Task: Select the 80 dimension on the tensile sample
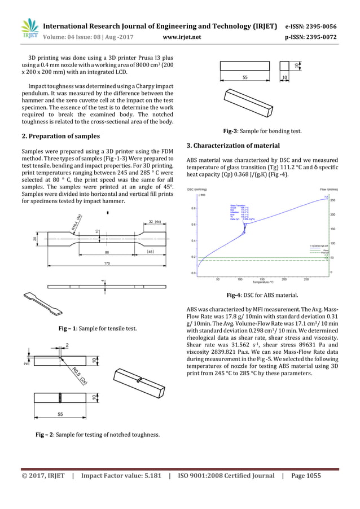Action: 107,252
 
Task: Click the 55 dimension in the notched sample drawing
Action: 60,414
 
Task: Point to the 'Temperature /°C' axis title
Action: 263,282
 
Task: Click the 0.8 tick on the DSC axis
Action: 193,208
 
